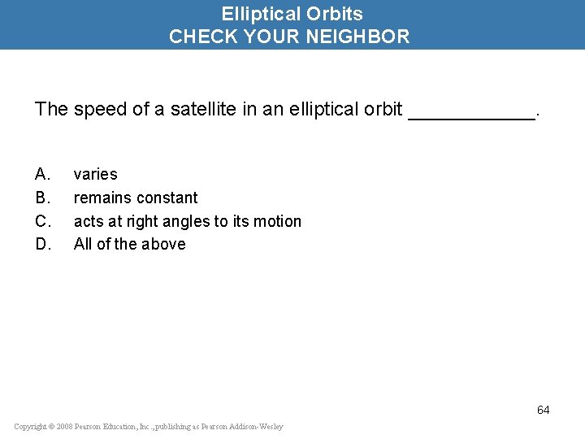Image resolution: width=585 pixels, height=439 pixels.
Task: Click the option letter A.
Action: click(x=42, y=174)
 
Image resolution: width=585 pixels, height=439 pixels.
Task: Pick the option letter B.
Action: click(x=42, y=198)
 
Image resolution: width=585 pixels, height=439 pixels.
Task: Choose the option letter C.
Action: click(x=42, y=221)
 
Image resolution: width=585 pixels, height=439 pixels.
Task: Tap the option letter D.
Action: click(x=42, y=244)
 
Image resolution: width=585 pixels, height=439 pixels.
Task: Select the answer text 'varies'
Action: click(x=95, y=174)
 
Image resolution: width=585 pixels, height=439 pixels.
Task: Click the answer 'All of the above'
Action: click(x=129, y=244)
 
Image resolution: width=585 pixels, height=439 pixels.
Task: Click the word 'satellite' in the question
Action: click(x=204, y=109)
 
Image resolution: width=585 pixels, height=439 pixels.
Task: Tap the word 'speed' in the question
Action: click(x=96, y=109)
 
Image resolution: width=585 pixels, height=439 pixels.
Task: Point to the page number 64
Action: click(x=543, y=410)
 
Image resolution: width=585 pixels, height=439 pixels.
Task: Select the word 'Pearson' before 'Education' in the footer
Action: click(x=92, y=427)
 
